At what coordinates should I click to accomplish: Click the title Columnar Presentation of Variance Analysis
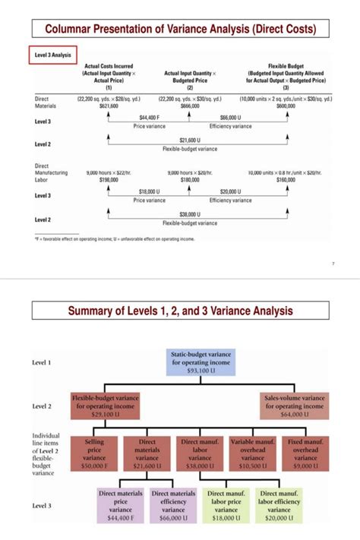pos(180,30)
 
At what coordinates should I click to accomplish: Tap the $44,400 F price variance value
pos(149,118)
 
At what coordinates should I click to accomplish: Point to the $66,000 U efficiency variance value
pos(230,118)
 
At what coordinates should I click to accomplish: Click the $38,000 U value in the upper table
pos(189,215)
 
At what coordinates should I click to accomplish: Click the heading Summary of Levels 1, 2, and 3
pos(180,311)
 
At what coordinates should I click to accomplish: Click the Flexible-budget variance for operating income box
pos(105,406)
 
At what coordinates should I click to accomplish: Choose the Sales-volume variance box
pos(293,406)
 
